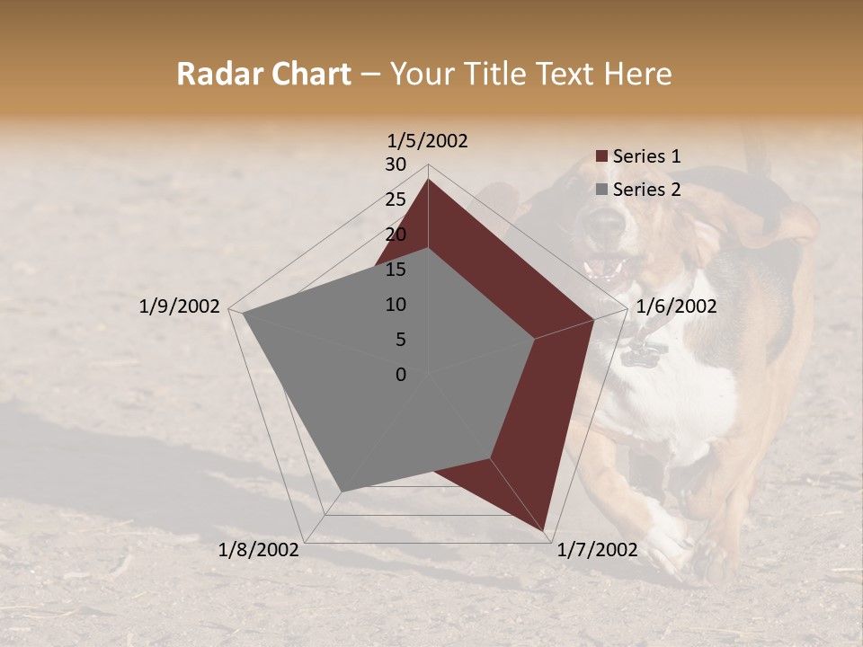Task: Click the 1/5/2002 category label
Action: click(428, 141)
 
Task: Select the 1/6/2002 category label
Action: click(676, 306)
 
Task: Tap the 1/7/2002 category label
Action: click(597, 550)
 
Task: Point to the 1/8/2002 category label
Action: click(259, 550)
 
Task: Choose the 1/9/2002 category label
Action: click(180, 306)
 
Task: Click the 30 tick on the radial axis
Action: click(396, 164)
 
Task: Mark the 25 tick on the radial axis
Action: click(396, 199)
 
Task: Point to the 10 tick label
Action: click(396, 305)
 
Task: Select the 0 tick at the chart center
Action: click(401, 375)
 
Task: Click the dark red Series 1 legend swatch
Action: click(602, 156)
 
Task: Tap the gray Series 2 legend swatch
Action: click(602, 190)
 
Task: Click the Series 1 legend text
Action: click(646, 156)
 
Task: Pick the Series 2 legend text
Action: click(646, 190)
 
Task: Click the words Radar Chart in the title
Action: click(264, 75)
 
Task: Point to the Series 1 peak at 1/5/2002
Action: click(428, 180)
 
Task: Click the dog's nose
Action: click(606, 224)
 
